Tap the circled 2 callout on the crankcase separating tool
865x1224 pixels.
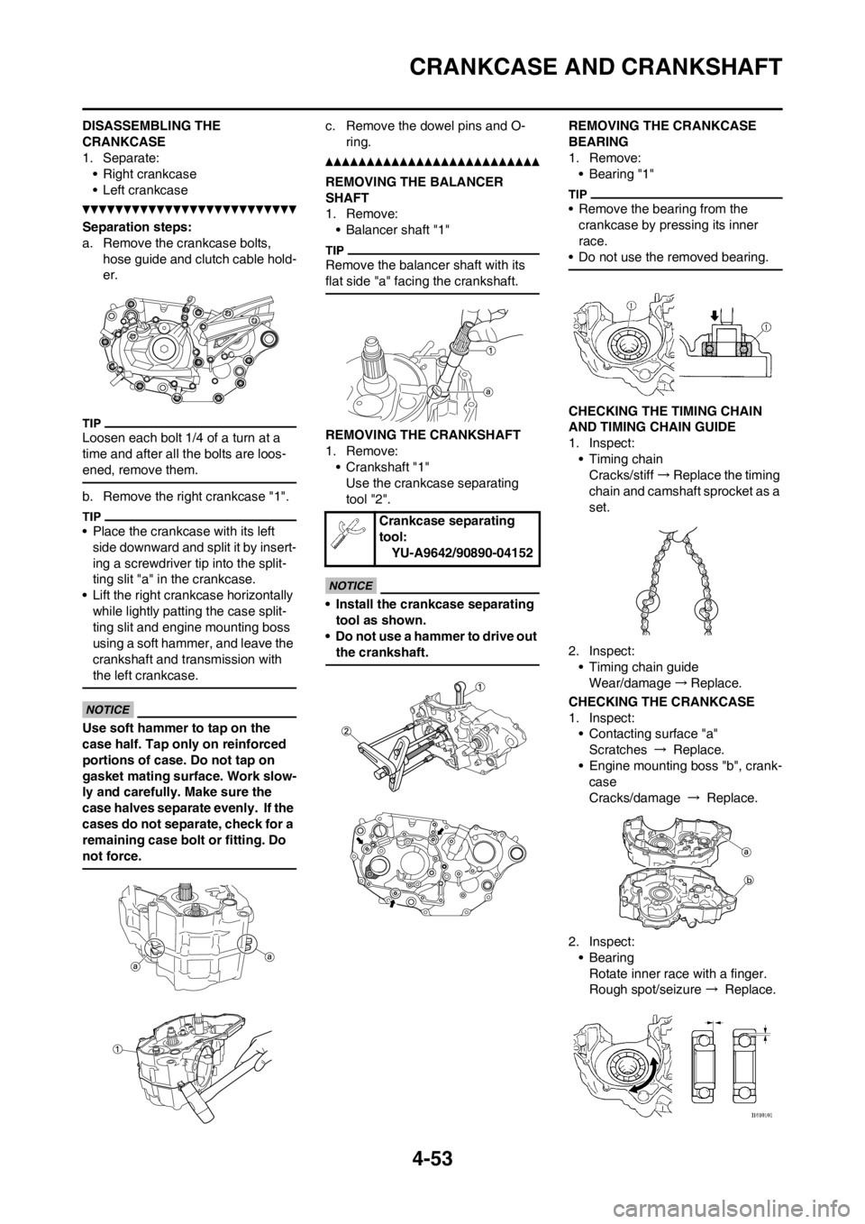[344, 731]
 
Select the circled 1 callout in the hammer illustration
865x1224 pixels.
[118, 1047]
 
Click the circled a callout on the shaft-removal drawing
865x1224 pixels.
[487, 391]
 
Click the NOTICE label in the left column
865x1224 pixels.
[107, 710]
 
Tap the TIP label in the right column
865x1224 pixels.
[576, 193]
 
